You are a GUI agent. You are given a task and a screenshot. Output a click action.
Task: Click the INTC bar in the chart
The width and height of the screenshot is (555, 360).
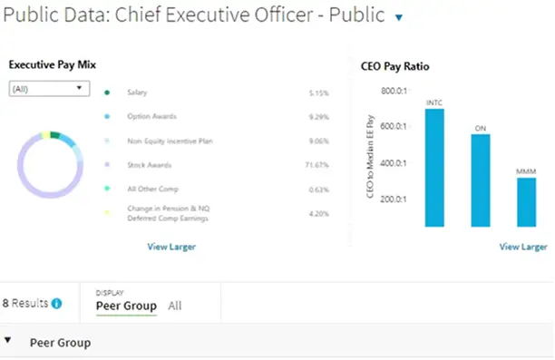pyautogui.click(x=434, y=168)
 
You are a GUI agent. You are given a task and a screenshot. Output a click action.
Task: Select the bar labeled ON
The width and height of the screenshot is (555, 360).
pyautogui.click(x=481, y=180)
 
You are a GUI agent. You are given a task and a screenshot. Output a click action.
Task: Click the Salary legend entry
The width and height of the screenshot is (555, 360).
pyautogui.click(x=138, y=92)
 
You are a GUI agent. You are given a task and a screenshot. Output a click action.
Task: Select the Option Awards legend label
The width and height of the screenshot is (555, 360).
pyautogui.click(x=151, y=116)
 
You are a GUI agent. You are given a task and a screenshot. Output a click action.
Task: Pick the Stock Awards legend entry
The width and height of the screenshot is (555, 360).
pyautogui.click(x=150, y=165)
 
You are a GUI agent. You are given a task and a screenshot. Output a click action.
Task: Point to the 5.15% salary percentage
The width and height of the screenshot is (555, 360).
pyautogui.click(x=317, y=92)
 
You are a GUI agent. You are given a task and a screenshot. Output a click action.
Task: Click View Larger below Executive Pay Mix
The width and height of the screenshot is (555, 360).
pyautogui.click(x=170, y=247)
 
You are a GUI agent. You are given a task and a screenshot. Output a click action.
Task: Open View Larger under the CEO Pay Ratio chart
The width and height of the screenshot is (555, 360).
pyautogui.click(x=522, y=247)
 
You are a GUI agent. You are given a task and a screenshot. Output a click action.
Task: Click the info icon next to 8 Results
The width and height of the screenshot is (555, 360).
pyautogui.click(x=57, y=304)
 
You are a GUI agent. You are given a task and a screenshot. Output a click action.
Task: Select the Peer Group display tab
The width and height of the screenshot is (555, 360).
pyautogui.click(x=126, y=306)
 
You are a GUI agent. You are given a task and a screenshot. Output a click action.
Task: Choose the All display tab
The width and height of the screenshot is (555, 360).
pyautogui.click(x=174, y=306)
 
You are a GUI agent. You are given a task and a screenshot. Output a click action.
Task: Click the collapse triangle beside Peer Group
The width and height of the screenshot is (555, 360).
pyautogui.click(x=9, y=342)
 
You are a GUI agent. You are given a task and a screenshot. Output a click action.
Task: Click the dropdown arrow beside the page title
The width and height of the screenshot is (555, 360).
pyautogui.click(x=398, y=17)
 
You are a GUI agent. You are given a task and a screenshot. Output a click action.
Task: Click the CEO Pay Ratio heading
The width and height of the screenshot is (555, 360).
pyautogui.click(x=396, y=66)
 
